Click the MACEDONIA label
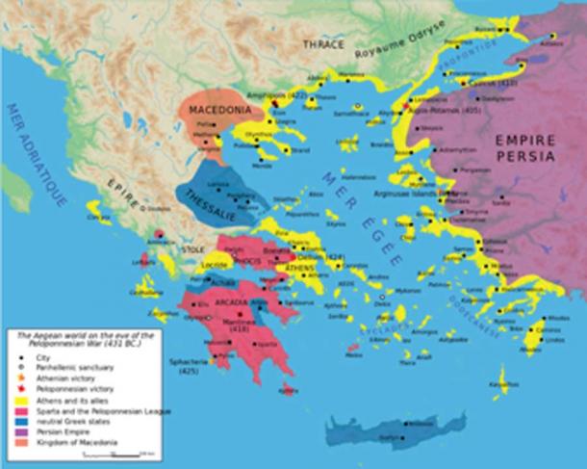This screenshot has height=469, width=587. point(213,111)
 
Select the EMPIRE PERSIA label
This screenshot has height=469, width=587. point(525,146)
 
